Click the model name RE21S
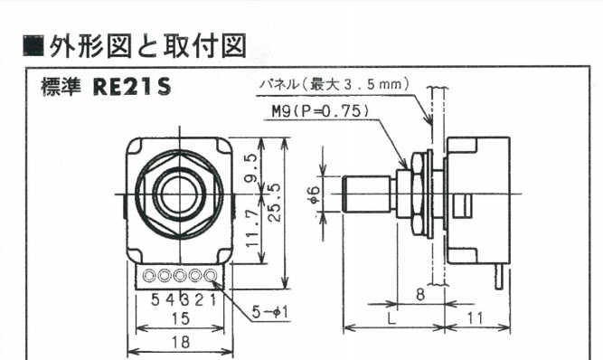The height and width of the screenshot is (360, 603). pos(132,87)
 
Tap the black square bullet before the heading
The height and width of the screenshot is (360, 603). pos(33,46)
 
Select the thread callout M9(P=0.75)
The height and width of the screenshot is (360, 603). pos(320,111)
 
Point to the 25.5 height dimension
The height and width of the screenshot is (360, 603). pos(275,203)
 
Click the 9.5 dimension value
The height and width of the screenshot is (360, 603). pos(252,168)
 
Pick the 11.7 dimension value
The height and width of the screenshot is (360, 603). pos(252,229)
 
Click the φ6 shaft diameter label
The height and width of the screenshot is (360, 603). pos(314,194)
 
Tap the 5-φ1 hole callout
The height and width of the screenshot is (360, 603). pos(270,312)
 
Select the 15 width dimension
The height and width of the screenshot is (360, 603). pos(181,318)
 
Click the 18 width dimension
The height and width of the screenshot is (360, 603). pos(181,342)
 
